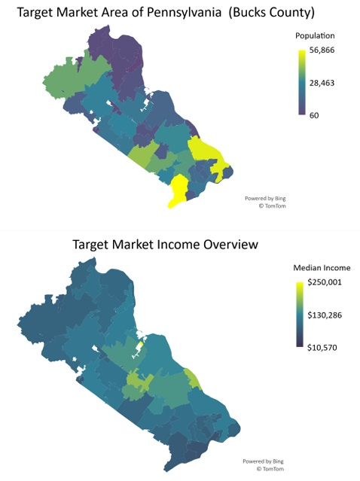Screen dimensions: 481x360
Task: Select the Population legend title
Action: [x=315, y=35]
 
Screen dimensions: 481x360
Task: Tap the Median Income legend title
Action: [x=320, y=268]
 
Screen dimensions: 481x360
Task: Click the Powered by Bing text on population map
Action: [x=264, y=198]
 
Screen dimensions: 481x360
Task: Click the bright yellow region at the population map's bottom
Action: [x=180, y=192]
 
